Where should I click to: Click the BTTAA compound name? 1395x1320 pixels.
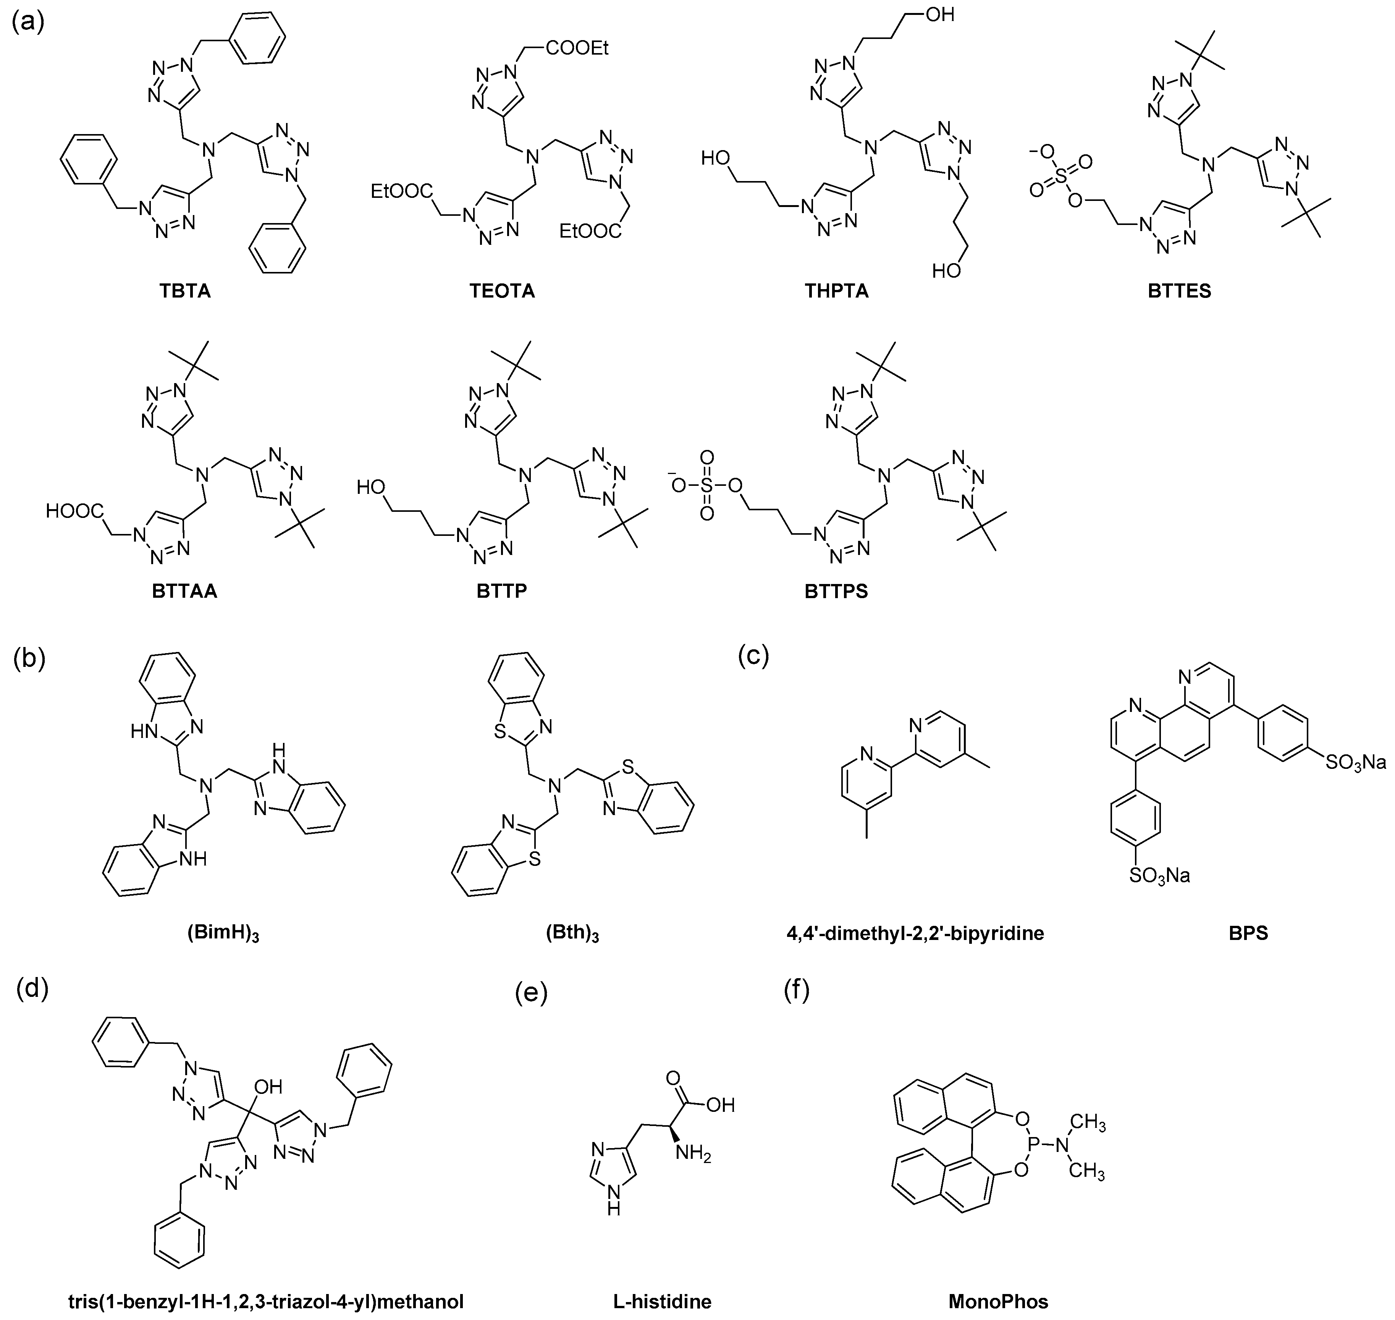click(185, 591)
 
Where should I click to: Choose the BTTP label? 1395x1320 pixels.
click(501, 591)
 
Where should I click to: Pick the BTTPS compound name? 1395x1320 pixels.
click(836, 591)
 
